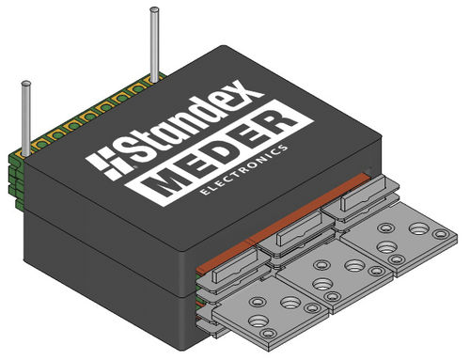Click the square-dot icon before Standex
[x=102, y=166]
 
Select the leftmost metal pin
[x=26, y=118]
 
